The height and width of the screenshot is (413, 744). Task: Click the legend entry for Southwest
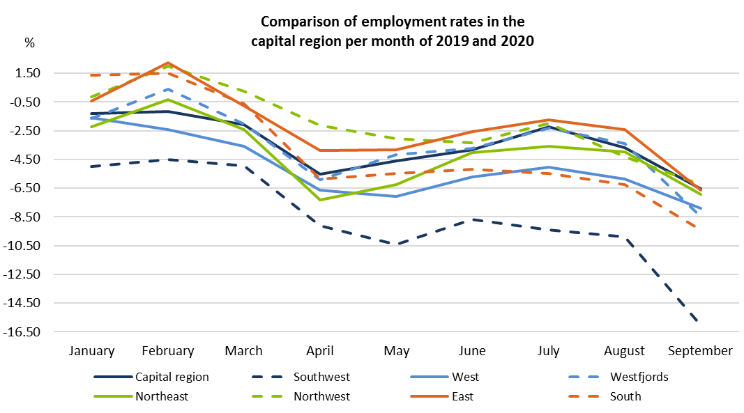[321, 377]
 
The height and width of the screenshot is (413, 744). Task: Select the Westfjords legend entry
[639, 377]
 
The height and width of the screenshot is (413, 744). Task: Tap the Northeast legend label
[162, 396]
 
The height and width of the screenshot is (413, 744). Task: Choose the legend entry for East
[462, 396]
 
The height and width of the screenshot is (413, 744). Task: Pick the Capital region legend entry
[172, 377]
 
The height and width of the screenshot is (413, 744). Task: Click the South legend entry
[625, 396]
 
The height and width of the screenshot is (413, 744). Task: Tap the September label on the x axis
[700, 350]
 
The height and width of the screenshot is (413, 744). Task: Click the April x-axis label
[320, 350]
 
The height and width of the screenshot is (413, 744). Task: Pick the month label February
[168, 350]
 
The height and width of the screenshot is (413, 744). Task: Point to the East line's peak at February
[168, 63]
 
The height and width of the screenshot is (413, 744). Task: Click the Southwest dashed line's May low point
[397, 244]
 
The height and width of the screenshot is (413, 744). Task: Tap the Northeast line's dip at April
[320, 200]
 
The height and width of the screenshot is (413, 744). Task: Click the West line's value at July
[548, 167]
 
